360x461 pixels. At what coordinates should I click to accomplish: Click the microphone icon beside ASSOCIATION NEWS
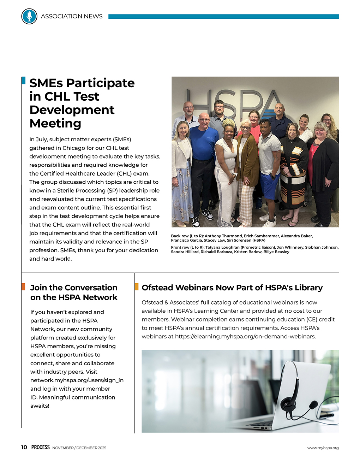click(29, 16)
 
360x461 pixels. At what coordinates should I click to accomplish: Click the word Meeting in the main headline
click(55, 124)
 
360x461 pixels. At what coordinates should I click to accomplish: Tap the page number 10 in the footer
click(24, 447)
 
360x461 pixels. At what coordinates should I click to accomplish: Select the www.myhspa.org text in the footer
click(323, 448)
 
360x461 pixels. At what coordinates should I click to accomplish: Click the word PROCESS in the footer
click(41, 447)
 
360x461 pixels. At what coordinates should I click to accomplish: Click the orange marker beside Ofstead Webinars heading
click(137, 287)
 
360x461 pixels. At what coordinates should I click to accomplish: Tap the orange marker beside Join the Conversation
click(23, 287)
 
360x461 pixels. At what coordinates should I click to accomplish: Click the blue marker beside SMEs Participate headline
click(23, 80)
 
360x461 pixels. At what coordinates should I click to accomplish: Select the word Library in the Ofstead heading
click(308, 288)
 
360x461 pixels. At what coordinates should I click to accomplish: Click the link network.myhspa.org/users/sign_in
click(77, 380)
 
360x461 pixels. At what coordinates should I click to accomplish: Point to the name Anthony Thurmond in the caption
click(223, 236)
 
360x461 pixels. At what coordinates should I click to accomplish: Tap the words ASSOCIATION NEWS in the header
click(72, 16)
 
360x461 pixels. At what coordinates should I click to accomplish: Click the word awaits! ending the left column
click(40, 406)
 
